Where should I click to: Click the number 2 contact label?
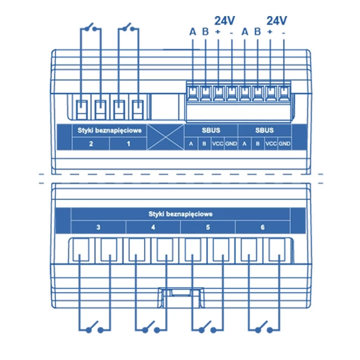point(91,144)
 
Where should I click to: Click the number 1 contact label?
point(128,144)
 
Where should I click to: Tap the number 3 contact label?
point(98,227)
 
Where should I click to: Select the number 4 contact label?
point(153,227)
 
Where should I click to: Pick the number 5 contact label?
point(208,227)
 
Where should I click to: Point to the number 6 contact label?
point(263,227)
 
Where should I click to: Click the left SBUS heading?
point(211,130)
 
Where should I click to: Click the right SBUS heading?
point(265,130)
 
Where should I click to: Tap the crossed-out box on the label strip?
point(166,137)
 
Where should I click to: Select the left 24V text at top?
point(225,20)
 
